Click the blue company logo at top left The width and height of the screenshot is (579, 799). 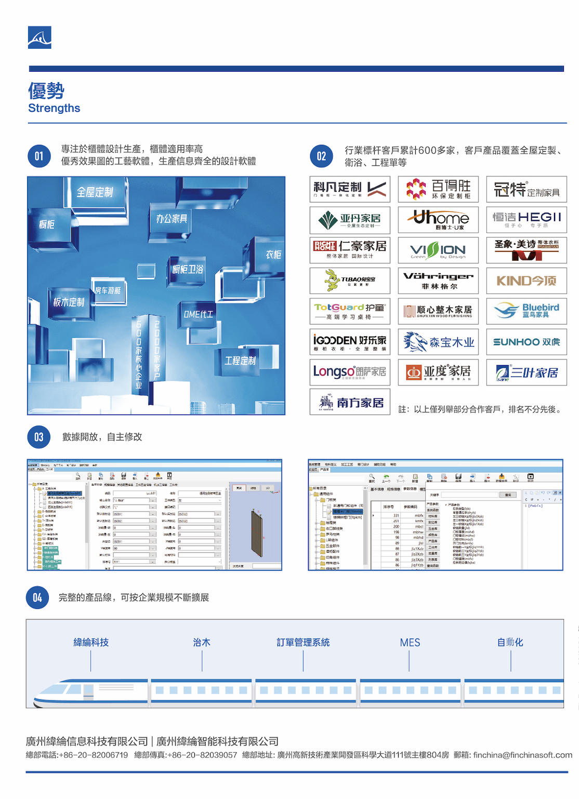coord(40,37)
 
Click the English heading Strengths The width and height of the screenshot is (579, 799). coord(54,108)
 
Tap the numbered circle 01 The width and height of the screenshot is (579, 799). coord(39,156)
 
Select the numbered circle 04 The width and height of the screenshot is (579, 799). coord(37,598)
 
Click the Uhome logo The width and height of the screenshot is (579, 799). coord(438,219)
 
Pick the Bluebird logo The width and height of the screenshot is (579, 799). coord(527,311)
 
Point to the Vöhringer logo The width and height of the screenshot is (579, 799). coord(438,280)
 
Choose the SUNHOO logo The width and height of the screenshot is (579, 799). coord(527,342)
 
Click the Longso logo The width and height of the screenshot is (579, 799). coord(350,372)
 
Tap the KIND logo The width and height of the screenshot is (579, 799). coord(527,281)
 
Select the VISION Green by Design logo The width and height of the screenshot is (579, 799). coord(438,250)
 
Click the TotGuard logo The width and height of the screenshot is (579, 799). coord(350,311)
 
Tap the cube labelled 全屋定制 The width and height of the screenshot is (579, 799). coord(95,193)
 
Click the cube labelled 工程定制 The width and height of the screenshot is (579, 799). coord(240,361)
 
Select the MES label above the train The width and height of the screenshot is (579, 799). coord(410,643)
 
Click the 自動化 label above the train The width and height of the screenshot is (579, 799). coord(510,643)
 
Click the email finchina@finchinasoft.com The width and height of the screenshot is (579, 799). coord(522,755)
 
